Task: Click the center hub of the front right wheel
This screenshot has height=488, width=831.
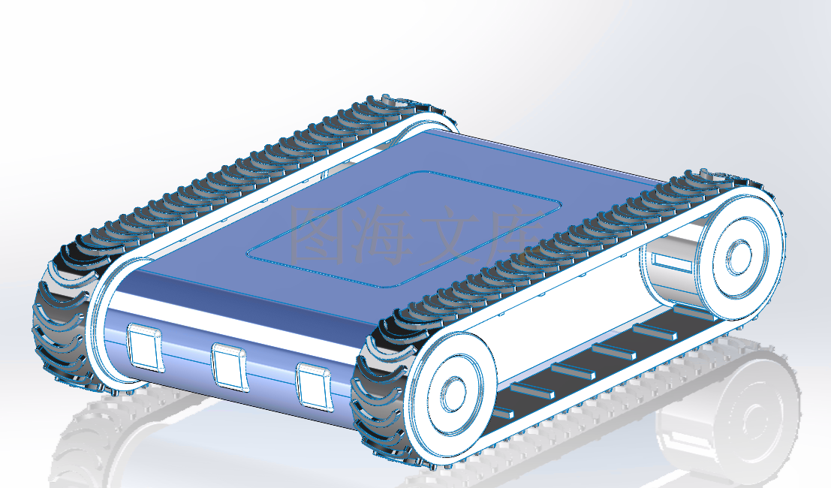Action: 453,394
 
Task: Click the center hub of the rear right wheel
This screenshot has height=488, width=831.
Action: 739,257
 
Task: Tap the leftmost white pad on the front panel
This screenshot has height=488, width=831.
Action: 144,348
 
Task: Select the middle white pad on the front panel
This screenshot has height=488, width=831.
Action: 230,366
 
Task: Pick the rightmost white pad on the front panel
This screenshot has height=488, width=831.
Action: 315,386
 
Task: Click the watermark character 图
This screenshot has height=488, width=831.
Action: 318,235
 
